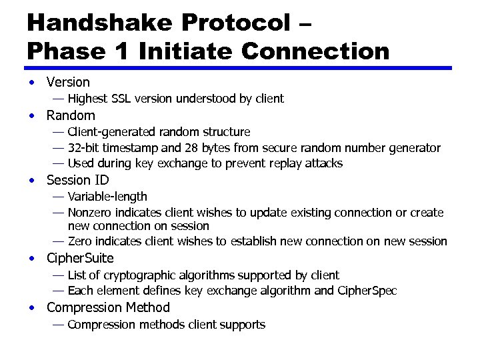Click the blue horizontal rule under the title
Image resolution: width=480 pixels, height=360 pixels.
click(239, 68)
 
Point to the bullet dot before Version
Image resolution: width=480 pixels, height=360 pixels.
click(31, 83)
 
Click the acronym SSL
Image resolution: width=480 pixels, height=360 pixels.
click(121, 99)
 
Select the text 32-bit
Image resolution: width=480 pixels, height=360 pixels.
click(83, 147)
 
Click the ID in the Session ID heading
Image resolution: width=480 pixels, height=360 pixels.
click(101, 180)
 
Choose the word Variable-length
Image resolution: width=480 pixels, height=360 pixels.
click(107, 197)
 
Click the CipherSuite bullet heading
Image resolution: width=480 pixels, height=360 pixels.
click(80, 258)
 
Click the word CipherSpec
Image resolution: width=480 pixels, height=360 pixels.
click(368, 291)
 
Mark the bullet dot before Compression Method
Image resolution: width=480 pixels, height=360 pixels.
click(31, 308)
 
